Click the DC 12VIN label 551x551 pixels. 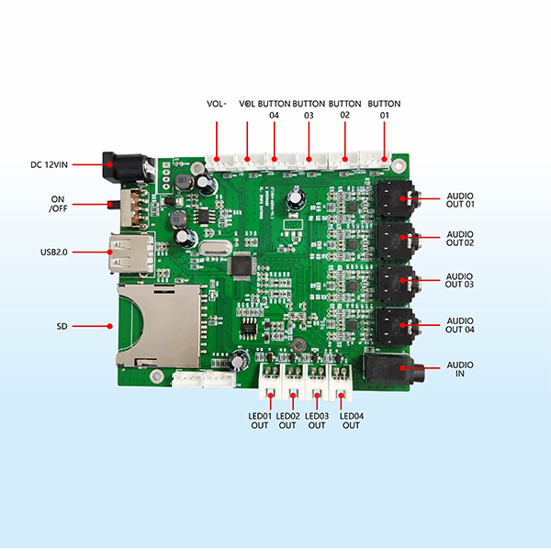click(x=49, y=164)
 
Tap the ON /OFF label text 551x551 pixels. click(x=57, y=204)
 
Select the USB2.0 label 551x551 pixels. click(x=52, y=251)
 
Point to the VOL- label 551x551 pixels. click(x=217, y=104)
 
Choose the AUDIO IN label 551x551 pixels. click(x=460, y=370)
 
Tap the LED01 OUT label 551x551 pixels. click(x=262, y=421)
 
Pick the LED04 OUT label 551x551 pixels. click(x=352, y=421)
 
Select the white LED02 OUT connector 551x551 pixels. click(x=294, y=377)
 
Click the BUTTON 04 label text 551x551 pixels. click(x=273, y=109)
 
